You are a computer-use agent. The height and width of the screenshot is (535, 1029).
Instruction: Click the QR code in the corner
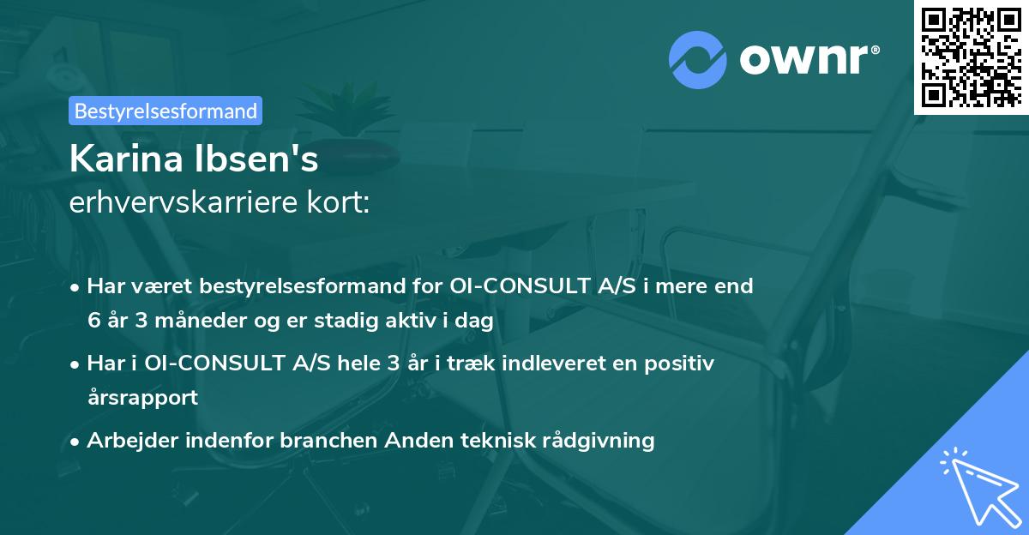click(971, 57)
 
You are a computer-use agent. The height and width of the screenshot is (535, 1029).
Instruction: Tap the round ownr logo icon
click(697, 60)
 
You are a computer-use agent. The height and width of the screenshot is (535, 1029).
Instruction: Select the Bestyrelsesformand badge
click(165, 111)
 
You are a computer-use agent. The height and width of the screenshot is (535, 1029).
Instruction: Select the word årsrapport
click(142, 397)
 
